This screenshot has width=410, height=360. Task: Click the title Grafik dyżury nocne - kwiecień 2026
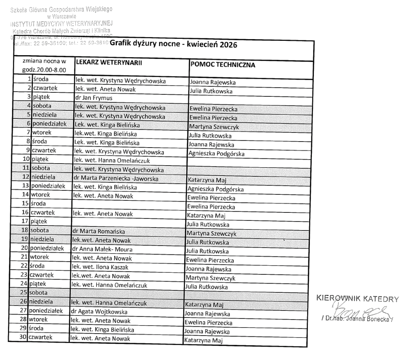[x=173, y=44]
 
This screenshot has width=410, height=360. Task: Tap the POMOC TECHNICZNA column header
[x=223, y=64]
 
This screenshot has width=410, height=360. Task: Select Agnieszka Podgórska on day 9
[x=216, y=154]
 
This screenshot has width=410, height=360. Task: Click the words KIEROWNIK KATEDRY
[x=357, y=298]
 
